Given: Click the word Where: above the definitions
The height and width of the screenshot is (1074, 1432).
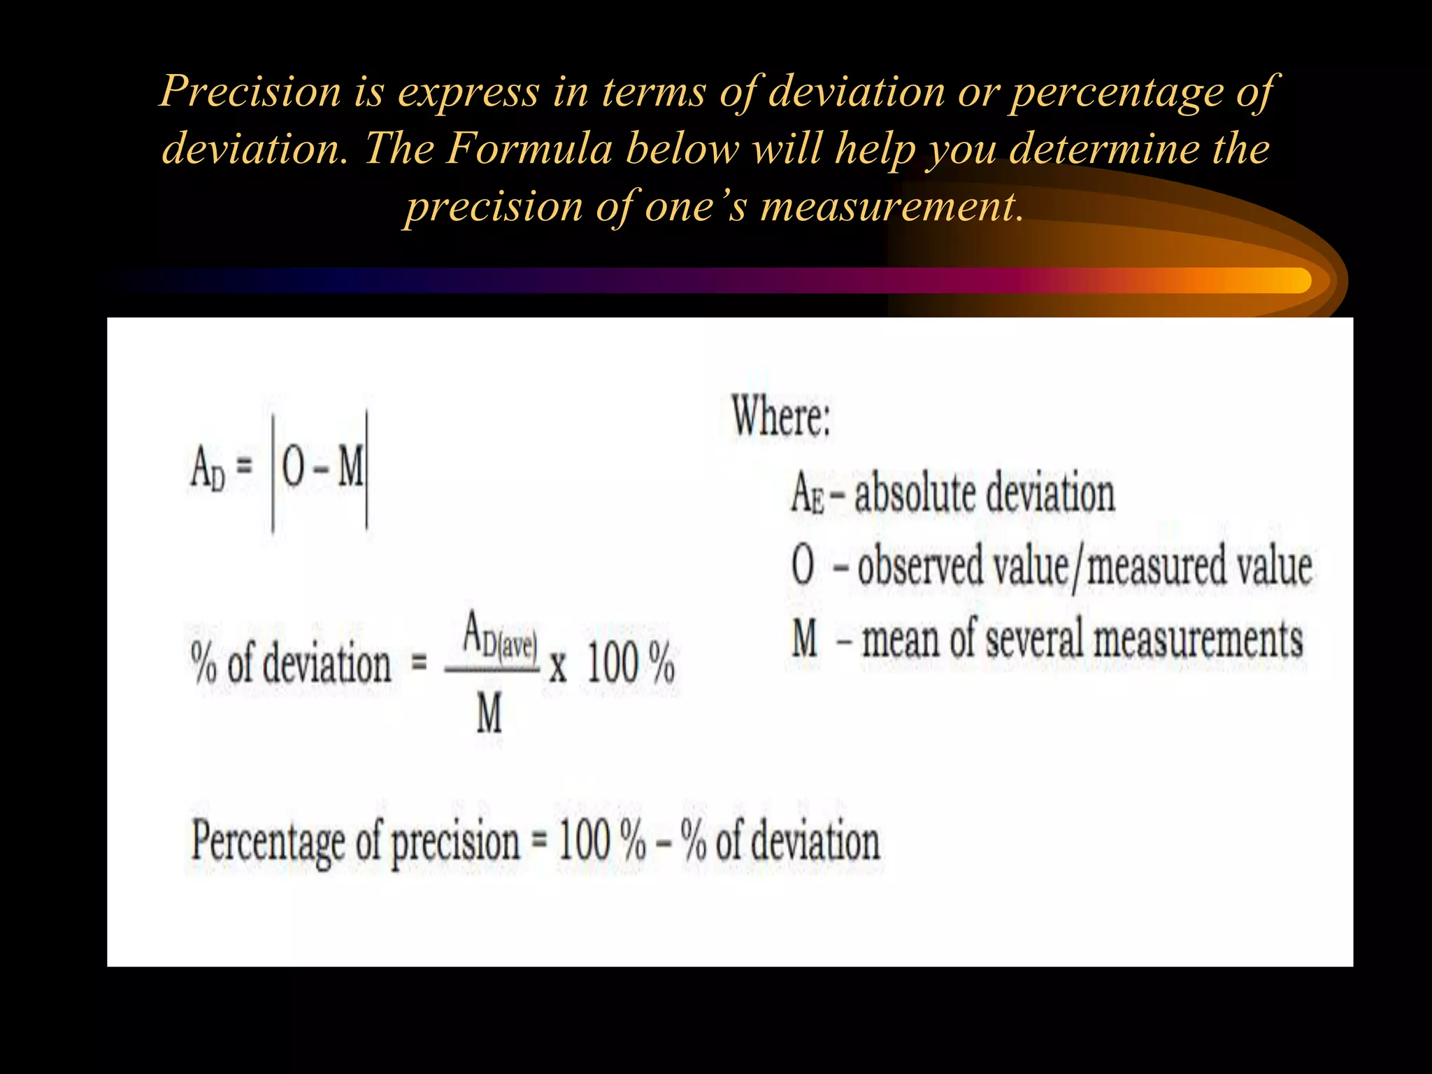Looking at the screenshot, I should click(x=781, y=417).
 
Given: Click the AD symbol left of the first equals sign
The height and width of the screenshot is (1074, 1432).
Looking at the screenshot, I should click(x=208, y=469).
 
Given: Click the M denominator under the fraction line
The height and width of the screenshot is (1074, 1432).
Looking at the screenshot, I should click(x=489, y=715).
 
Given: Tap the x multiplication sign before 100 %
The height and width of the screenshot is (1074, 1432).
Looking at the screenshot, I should click(x=557, y=666).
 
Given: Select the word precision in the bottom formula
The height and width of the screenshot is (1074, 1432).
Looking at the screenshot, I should click(x=455, y=842).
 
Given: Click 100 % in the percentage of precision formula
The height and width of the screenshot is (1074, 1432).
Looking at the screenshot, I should click(x=601, y=842).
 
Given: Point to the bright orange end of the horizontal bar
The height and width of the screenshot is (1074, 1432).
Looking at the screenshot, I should click(x=1287, y=280).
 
